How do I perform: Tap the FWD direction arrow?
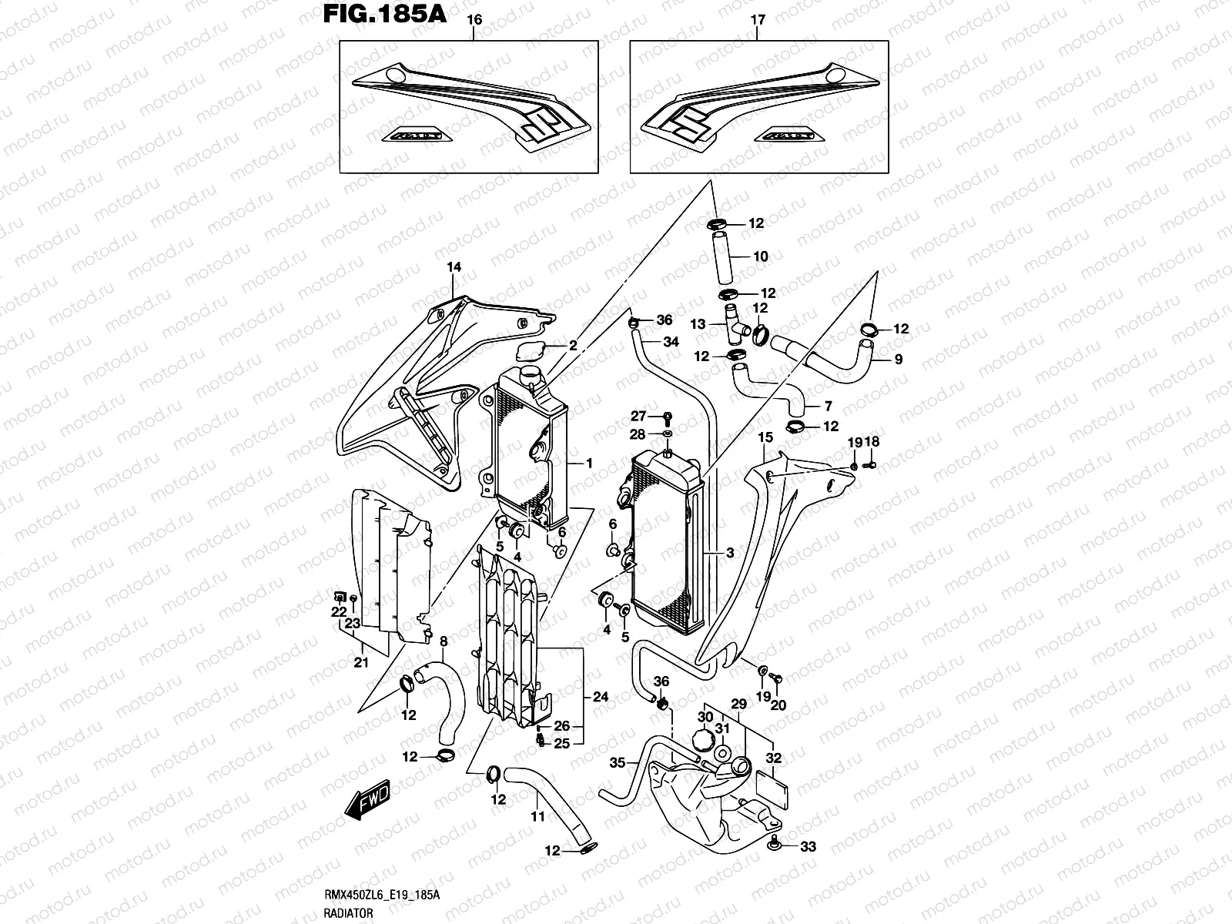point(367,799)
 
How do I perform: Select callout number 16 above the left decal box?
point(474,21)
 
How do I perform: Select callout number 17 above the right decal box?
point(758,21)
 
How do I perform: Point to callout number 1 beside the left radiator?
point(589,463)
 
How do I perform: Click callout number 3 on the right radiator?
point(729,553)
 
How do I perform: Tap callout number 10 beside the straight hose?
point(761,256)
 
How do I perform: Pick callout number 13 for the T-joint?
point(698,325)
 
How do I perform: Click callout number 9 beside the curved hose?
point(898,359)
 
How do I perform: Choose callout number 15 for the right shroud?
point(765,437)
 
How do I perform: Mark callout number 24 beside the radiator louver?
point(601,697)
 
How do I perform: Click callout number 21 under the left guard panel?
point(360,661)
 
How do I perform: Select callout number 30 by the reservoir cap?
point(705,717)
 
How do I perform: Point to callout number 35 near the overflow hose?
point(617,764)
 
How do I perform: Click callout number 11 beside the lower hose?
point(537,816)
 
